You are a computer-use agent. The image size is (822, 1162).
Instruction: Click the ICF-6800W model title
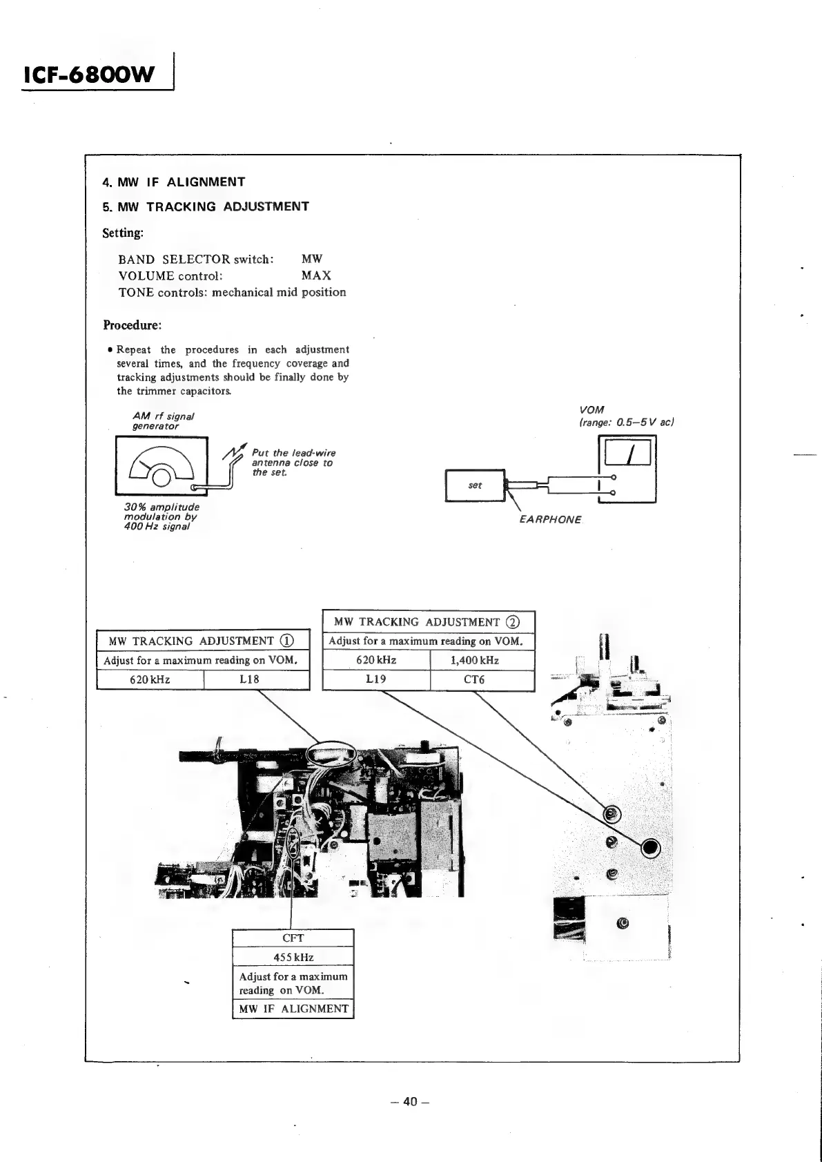[x=90, y=75]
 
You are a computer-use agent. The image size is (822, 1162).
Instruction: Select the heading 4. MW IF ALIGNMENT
[x=174, y=182]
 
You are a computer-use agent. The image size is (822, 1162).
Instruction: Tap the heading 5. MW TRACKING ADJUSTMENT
[x=206, y=206]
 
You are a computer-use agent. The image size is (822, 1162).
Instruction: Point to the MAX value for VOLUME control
[x=316, y=275]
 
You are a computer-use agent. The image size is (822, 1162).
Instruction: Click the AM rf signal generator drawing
[x=162, y=466]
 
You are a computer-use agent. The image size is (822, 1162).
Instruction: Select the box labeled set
[x=476, y=485]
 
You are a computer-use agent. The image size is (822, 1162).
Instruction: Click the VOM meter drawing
[x=627, y=470]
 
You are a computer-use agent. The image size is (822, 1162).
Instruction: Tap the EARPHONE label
[x=550, y=520]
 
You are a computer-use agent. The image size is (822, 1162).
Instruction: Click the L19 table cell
[x=375, y=679]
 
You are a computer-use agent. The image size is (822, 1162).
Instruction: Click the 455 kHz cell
[x=293, y=957]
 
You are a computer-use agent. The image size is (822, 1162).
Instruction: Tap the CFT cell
[x=293, y=938]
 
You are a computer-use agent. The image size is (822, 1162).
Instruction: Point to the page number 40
[x=410, y=1101]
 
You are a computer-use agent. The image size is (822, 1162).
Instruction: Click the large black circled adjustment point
[x=650, y=848]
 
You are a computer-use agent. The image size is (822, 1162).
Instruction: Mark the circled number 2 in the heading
[x=512, y=622]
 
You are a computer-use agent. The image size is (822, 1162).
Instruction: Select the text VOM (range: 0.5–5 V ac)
[x=625, y=416]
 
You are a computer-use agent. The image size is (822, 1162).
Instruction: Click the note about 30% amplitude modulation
[x=161, y=516]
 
